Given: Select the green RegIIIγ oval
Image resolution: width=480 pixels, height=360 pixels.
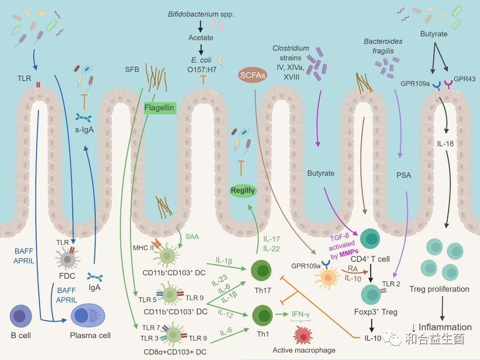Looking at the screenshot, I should click(243, 192).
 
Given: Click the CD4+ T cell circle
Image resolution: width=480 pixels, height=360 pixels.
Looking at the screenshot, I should click(371, 240).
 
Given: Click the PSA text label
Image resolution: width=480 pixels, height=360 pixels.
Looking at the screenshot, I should click(404, 175).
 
